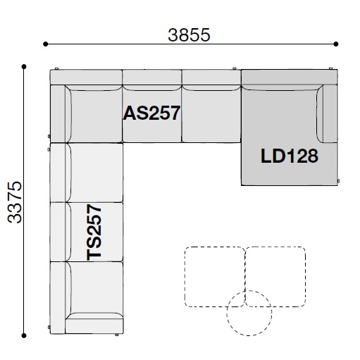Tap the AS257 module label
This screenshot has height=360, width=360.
(x=151, y=113)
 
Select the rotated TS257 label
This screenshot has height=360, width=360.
(x=95, y=232)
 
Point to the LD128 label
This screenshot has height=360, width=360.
(x=289, y=156)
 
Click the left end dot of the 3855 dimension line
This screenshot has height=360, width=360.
(x=46, y=44)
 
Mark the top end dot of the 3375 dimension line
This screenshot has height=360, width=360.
(x=25, y=67)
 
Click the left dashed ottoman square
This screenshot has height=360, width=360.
(x=213, y=277)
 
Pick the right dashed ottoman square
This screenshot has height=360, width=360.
(x=275, y=277)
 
